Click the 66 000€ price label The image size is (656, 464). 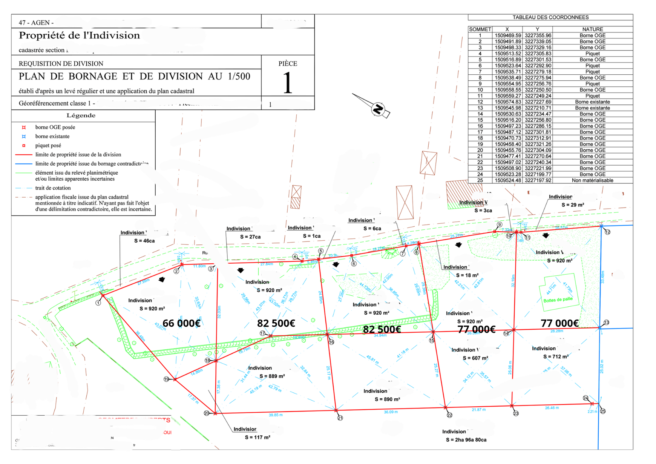(x=181, y=323)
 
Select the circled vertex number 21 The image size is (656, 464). (x=340, y=418)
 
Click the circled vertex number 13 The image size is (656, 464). (x=606, y=323)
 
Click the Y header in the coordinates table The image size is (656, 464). (x=537, y=29)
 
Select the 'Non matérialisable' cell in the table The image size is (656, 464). (x=592, y=181)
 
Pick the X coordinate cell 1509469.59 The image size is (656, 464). (x=507, y=35)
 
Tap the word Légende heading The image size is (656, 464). (x=81, y=115)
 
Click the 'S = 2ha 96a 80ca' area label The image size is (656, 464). (x=466, y=440)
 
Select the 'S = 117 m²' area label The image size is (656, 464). (x=257, y=438)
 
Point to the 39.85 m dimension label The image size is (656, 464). (x=276, y=415)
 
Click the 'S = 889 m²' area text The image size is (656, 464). (x=272, y=376)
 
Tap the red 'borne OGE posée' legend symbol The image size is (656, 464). (x=24, y=128)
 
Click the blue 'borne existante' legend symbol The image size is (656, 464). (x=24, y=137)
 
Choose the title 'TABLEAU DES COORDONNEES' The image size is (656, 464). (x=550, y=17)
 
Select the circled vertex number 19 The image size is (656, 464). (x=166, y=379)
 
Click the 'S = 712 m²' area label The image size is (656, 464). (x=556, y=356)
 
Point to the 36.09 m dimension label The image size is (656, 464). (x=391, y=412)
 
